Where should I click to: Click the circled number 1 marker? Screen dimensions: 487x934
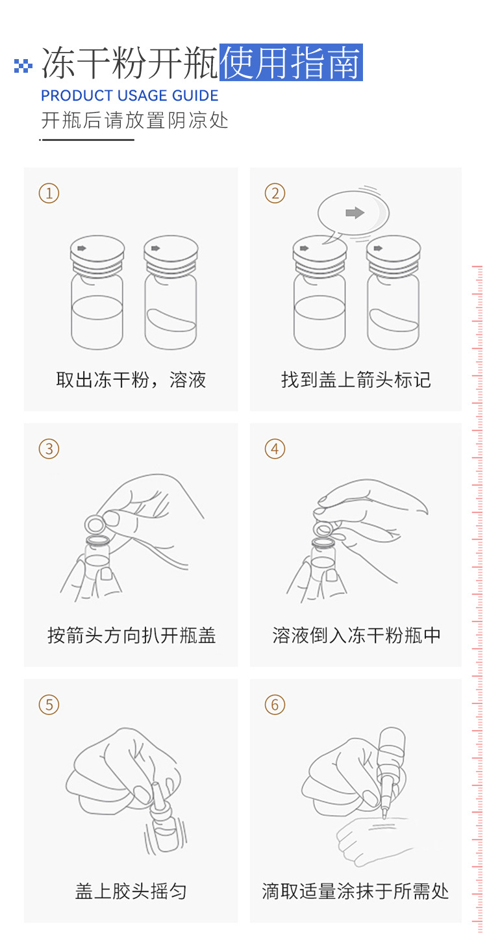[x=49, y=194]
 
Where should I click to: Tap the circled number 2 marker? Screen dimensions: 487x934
[x=275, y=194]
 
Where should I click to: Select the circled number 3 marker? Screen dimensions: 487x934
[x=49, y=449]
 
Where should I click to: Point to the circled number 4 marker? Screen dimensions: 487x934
[x=275, y=449]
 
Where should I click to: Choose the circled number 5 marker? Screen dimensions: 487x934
[x=49, y=705]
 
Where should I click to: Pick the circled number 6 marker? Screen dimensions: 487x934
[x=275, y=705]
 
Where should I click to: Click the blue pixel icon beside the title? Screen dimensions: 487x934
[x=23, y=66]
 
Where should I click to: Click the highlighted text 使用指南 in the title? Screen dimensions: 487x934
[x=291, y=62]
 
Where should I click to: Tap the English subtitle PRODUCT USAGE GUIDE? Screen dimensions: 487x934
[x=130, y=95]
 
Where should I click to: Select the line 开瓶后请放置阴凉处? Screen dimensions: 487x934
[x=134, y=121]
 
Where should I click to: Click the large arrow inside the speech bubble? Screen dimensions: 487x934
[x=355, y=212]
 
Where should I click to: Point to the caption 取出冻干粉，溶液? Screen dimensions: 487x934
[x=131, y=380]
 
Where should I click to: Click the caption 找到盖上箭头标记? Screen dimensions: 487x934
[x=356, y=380]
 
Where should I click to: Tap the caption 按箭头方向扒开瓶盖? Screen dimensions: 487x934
[x=131, y=635]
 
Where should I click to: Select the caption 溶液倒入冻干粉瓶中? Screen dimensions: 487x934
[x=356, y=635]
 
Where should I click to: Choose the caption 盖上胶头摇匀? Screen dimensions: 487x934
[x=131, y=891]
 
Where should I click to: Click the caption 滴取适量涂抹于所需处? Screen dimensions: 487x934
[x=355, y=891]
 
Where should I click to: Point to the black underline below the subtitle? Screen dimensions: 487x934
[x=87, y=140]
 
